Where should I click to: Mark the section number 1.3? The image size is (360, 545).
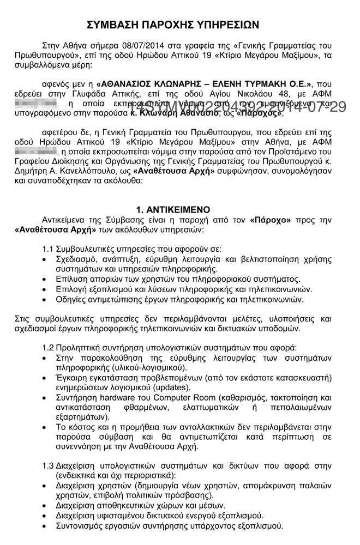pos(48,466)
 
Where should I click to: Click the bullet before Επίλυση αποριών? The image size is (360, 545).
pos(44,279)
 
